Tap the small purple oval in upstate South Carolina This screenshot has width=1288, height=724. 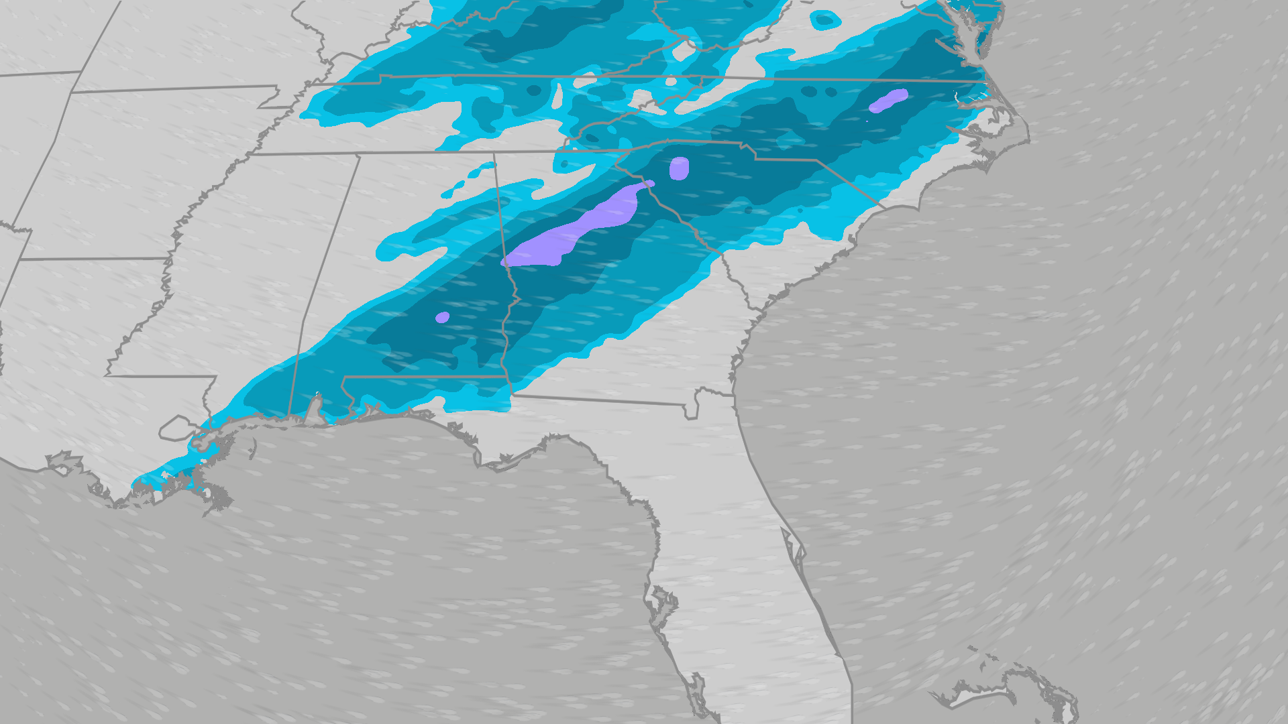coord(679,168)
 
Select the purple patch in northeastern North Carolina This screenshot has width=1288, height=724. coord(888,101)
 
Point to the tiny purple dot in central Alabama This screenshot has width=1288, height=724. coord(442,317)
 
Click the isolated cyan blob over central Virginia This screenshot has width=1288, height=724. coord(824,20)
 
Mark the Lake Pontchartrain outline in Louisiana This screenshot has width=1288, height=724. coord(176,427)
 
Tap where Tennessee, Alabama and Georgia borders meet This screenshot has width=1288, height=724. coord(494,154)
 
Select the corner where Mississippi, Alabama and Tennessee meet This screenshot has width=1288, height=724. coord(360,156)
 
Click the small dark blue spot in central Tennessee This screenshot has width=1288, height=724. coord(534,90)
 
